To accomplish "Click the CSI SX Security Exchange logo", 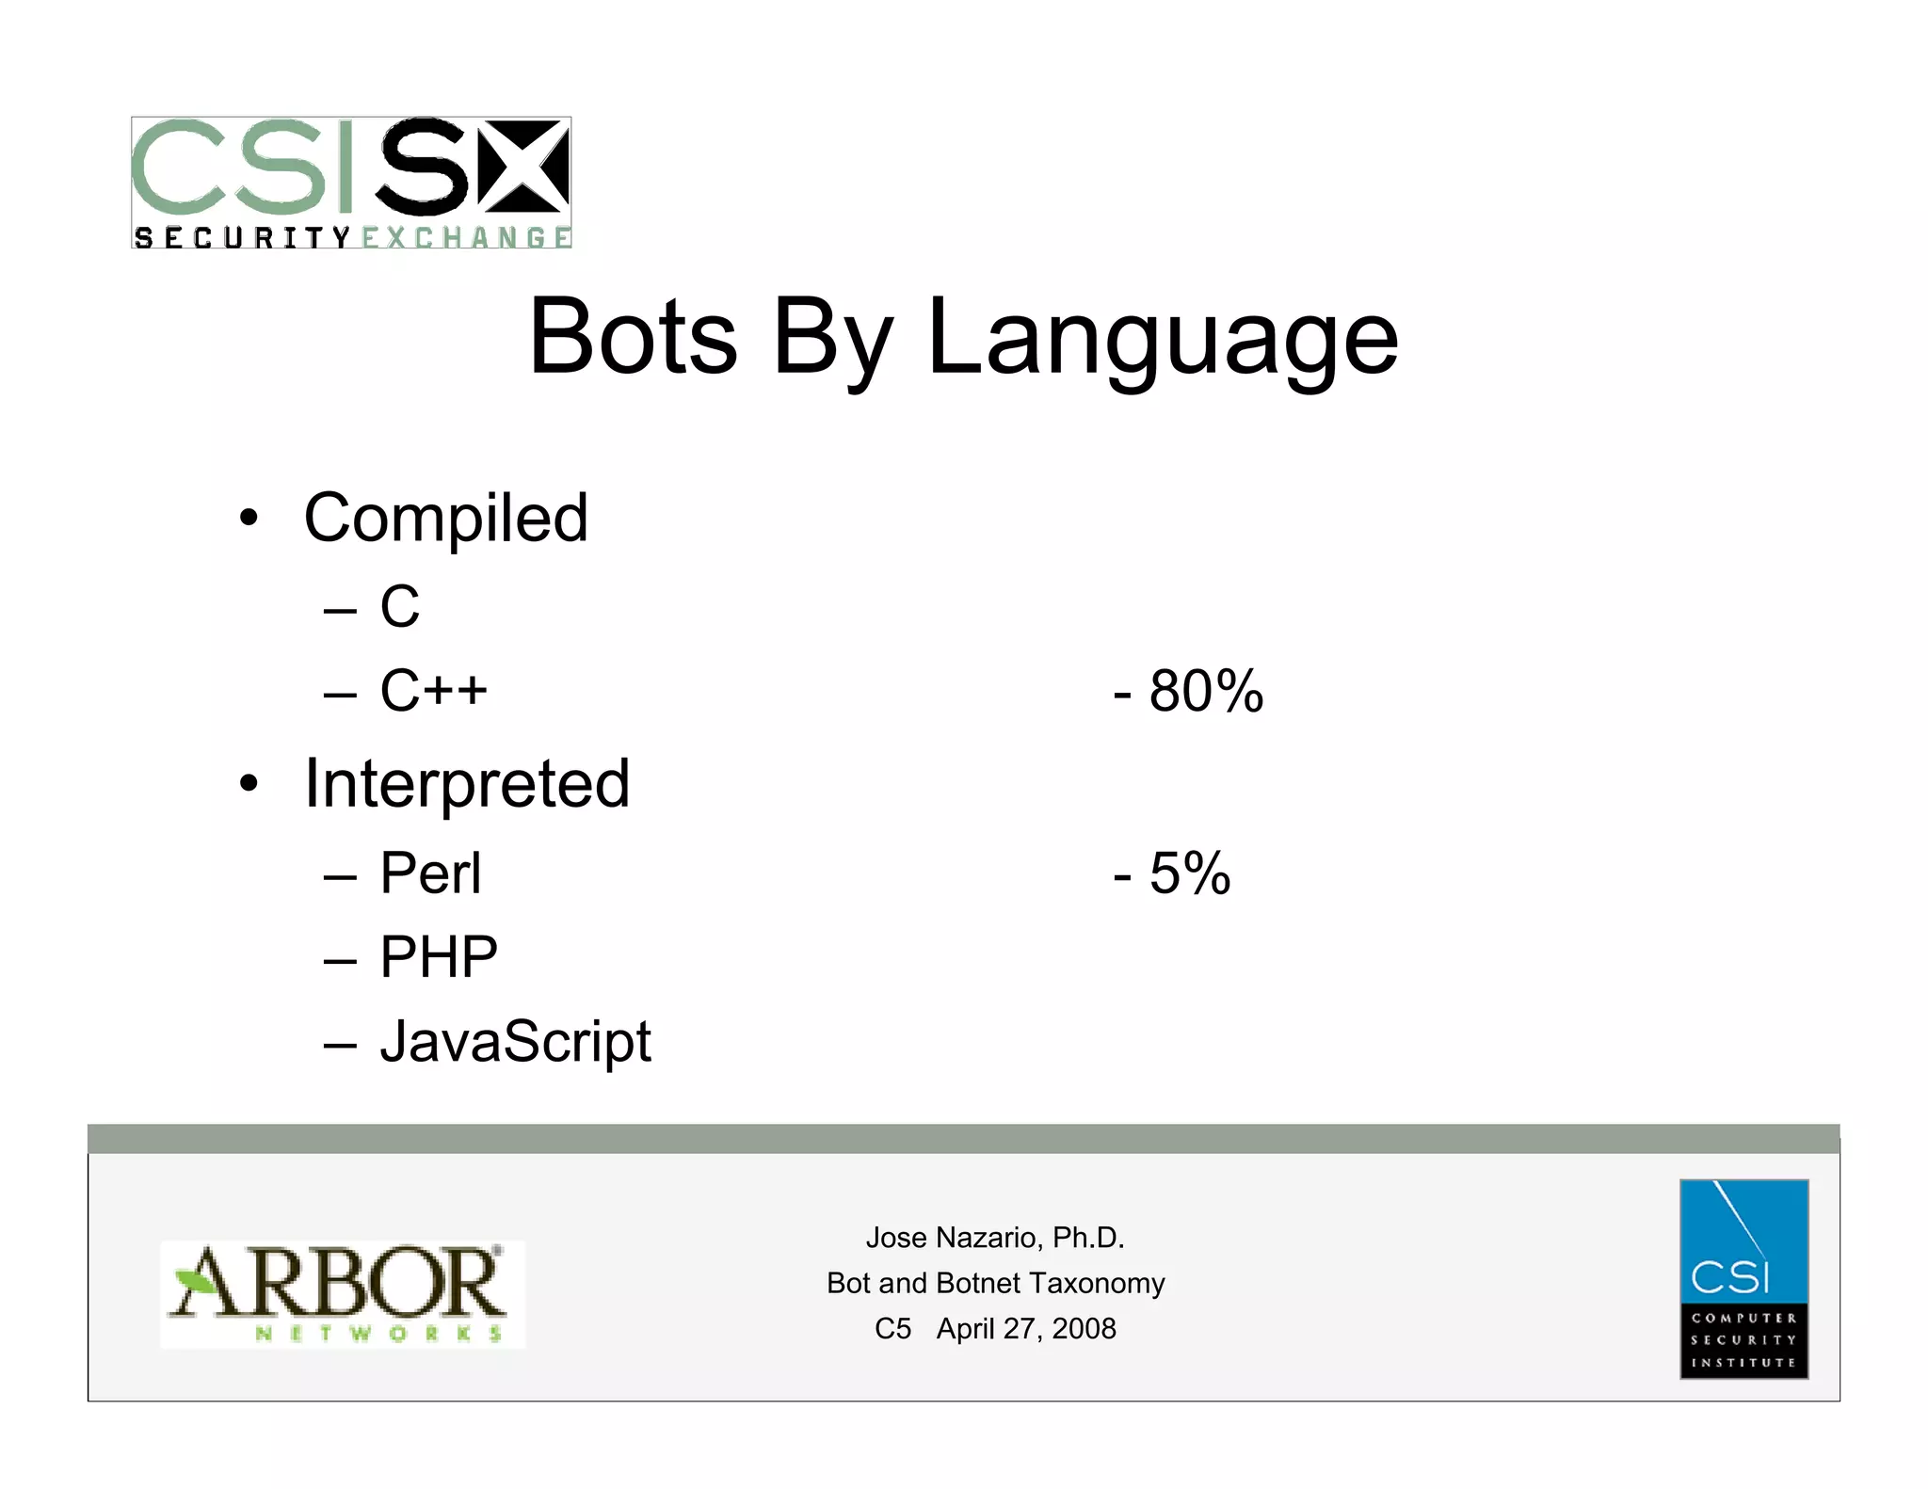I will [x=351, y=183].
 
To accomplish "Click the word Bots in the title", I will [x=633, y=337].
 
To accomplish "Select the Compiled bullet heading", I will [x=445, y=519].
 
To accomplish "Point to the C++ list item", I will [x=433, y=690].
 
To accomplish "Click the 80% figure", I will [x=1205, y=691].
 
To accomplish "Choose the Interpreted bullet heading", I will [x=467, y=784].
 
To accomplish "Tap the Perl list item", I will [x=430, y=873].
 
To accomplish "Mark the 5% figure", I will [x=1189, y=873].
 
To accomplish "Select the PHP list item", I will [x=439, y=957].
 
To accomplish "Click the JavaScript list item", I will [x=515, y=1042].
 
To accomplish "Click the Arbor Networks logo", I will [x=343, y=1293].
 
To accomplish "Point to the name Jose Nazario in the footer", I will [x=954, y=1237].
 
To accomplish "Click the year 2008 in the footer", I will [x=1084, y=1328].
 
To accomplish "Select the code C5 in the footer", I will [x=892, y=1328].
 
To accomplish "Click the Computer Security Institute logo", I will [x=1743, y=1278].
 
